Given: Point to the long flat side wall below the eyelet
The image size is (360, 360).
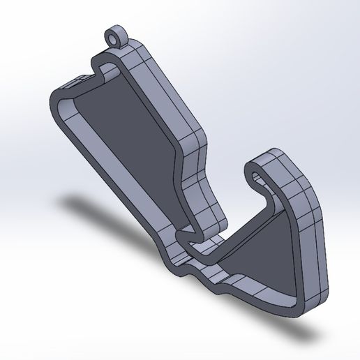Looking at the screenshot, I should tap(171, 91).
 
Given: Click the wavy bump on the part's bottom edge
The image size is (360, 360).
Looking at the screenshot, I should tap(206, 278).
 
